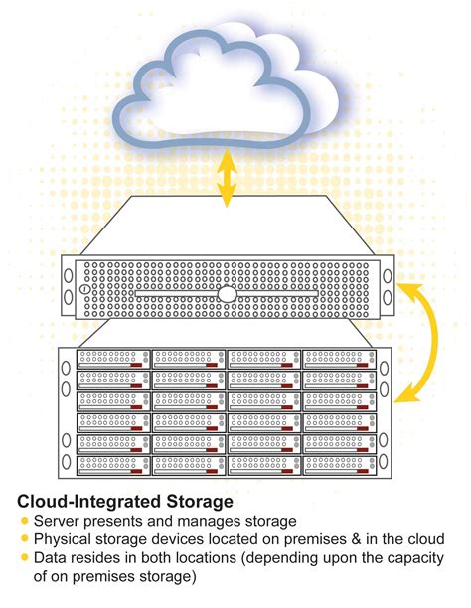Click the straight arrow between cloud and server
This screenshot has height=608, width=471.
228,179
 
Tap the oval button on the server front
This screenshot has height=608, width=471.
229,295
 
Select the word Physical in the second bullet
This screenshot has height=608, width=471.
63,539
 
